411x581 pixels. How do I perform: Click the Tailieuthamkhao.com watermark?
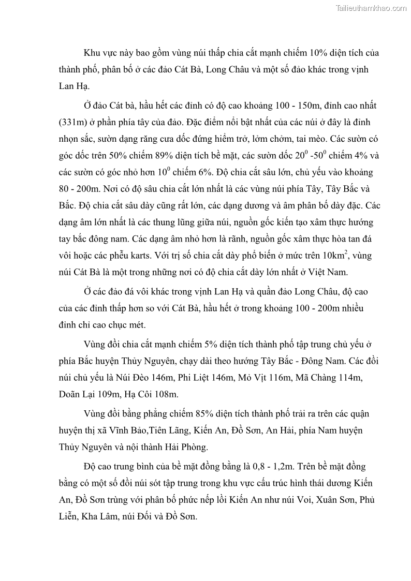pos(372,8)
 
